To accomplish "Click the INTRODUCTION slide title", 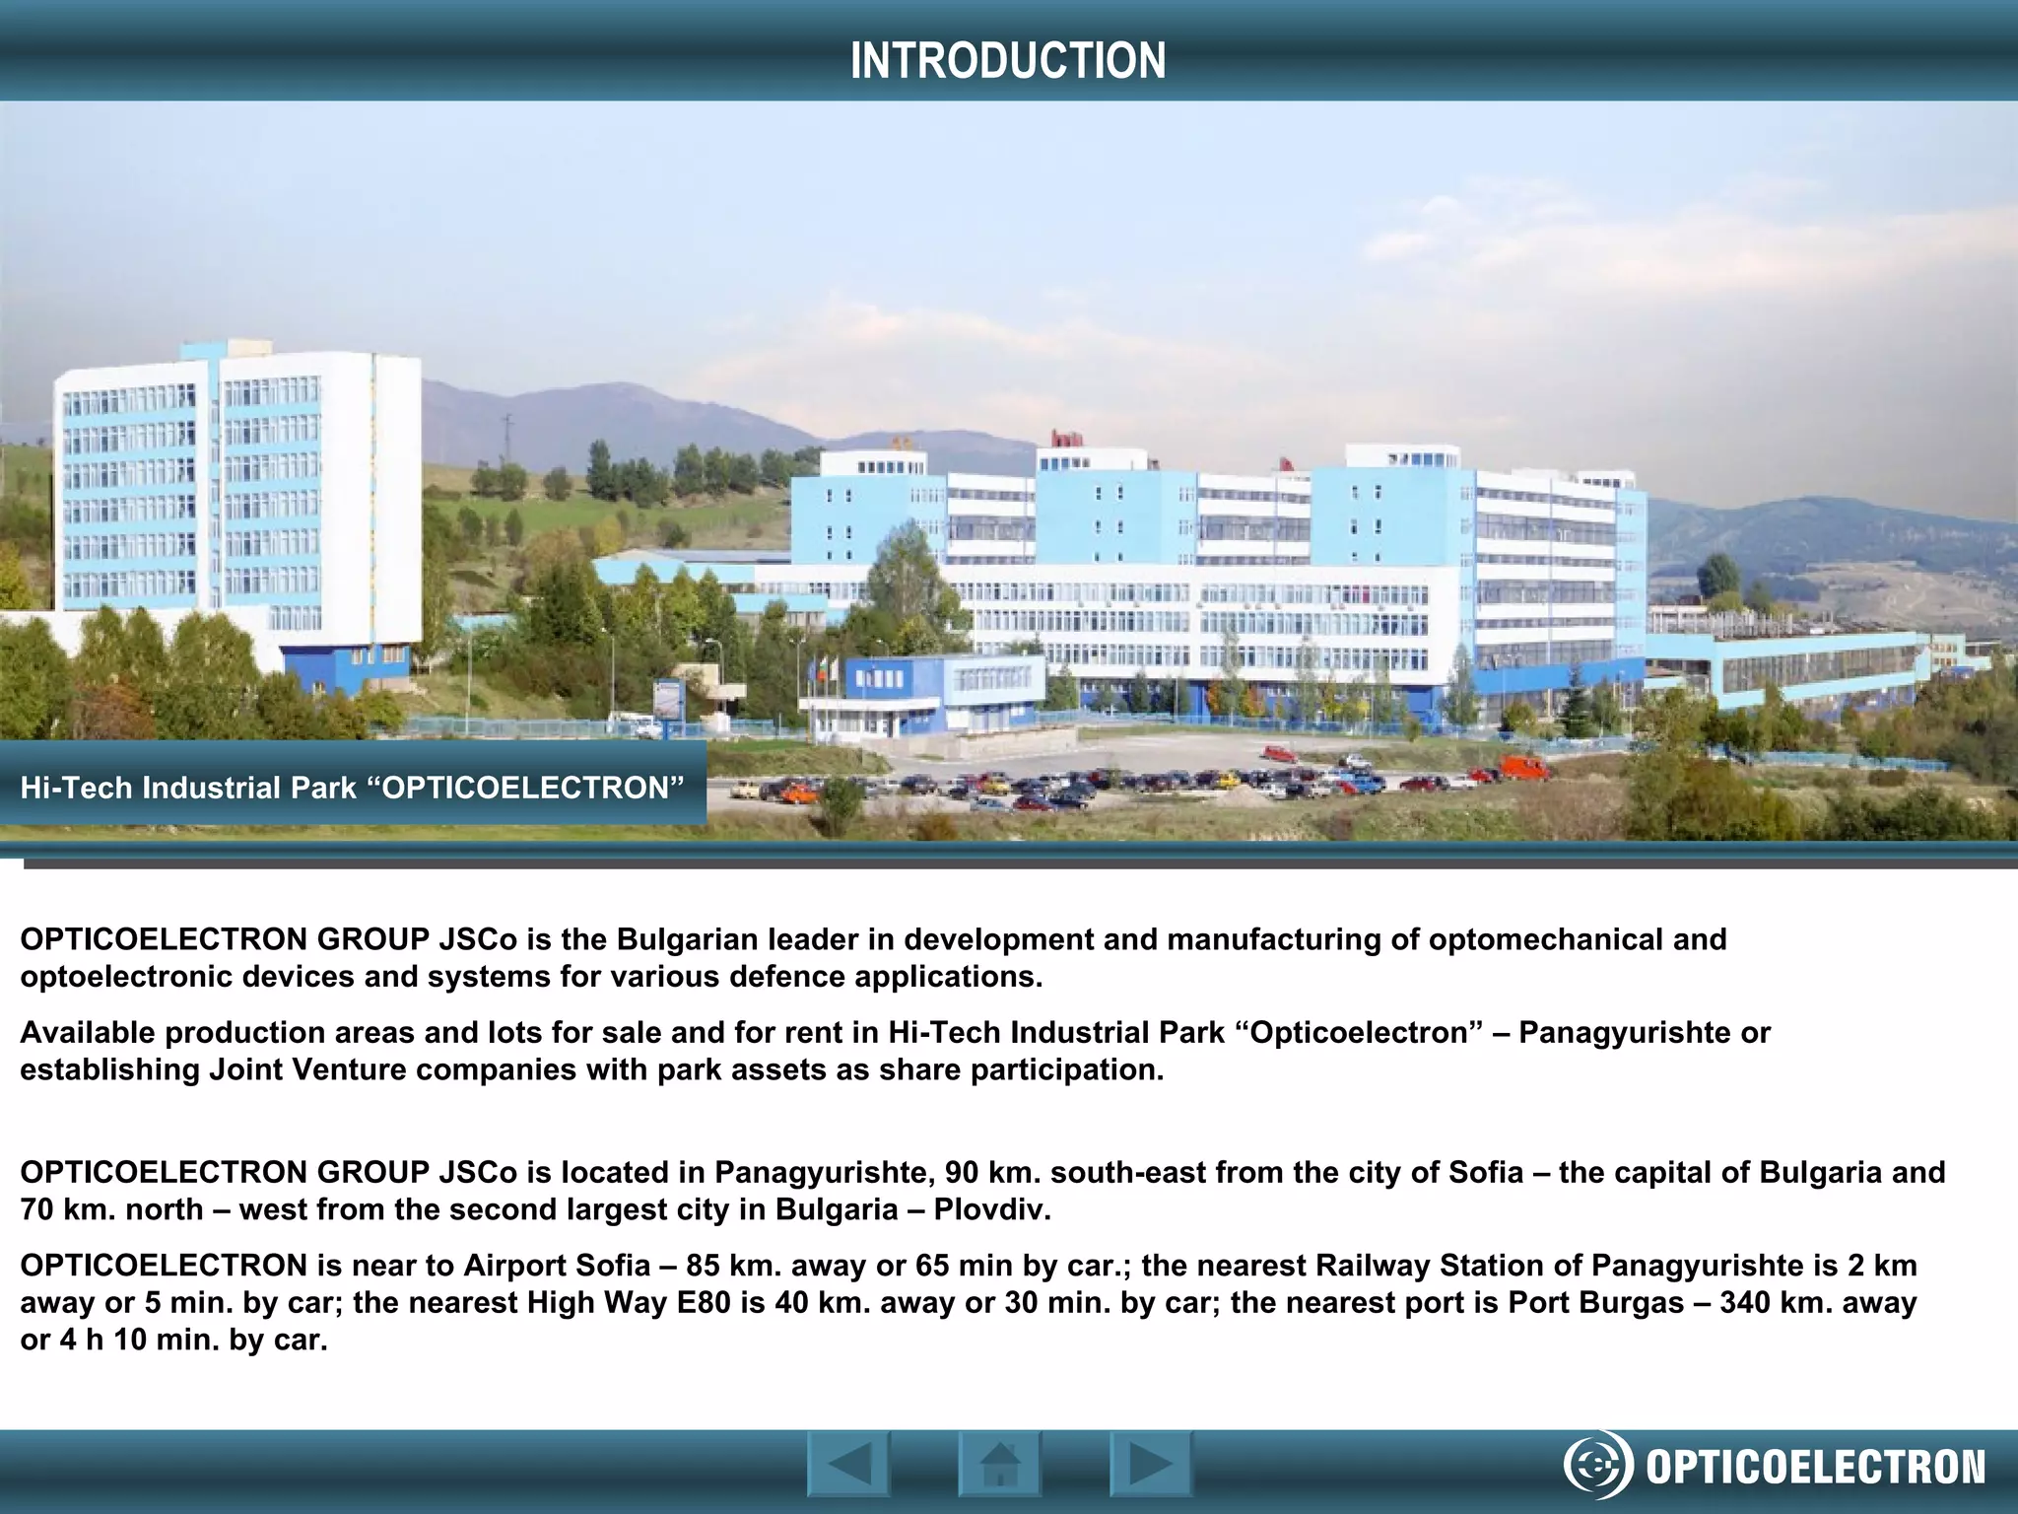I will coord(1008,60).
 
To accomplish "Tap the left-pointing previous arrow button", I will coord(848,1464).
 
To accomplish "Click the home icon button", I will coord(999,1464).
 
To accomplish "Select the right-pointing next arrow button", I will coord(1150,1464).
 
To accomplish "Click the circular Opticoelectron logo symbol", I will coord(1595,1467).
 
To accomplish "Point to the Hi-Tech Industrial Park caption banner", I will coord(352,788).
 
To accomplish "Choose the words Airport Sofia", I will coord(557,1266).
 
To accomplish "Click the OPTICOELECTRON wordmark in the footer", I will coord(1816,1467).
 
